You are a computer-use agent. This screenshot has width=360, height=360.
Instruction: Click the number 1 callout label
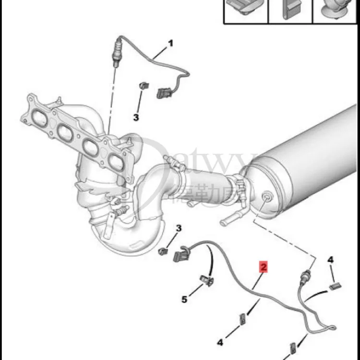pyautogui.click(x=170, y=44)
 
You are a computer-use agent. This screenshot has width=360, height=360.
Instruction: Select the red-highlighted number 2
pyautogui.click(x=264, y=267)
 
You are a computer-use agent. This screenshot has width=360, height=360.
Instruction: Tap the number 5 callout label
pyautogui.click(x=184, y=300)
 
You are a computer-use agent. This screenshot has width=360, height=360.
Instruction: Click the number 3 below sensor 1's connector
pyautogui.click(x=136, y=117)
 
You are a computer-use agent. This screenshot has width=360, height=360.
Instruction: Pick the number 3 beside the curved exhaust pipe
pyautogui.click(x=178, y=228)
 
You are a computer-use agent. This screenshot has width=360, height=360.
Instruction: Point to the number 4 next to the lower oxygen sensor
pyautogui.click(x=330, y=260)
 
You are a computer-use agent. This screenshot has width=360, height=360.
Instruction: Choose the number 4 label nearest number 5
pyautogui.click(x=220, y=342)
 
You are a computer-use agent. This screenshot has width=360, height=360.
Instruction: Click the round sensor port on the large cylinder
pyautogui.click(x=266, y=197)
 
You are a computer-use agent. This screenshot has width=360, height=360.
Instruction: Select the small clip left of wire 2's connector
pyautogui.click(x=163, y=251)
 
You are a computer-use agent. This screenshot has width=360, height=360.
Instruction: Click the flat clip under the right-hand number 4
pyautogui.click(x=334, y=287)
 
